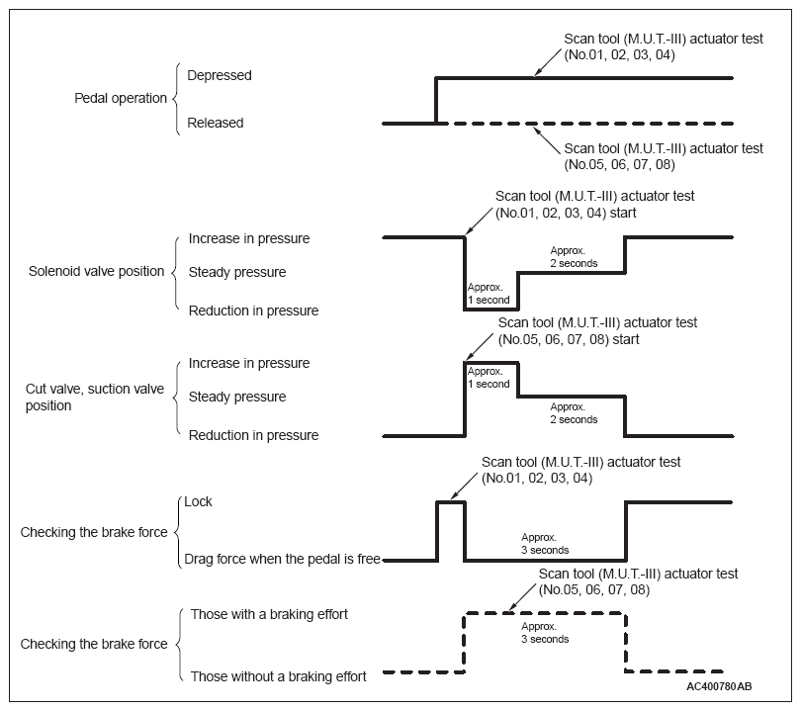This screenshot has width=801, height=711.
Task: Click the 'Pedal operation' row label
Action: [x=121, y=99]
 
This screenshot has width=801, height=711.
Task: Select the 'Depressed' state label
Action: [x=220, y=75]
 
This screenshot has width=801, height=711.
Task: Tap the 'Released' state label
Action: [x=216, y=124]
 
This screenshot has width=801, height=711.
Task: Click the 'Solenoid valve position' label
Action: [x=97, y=272]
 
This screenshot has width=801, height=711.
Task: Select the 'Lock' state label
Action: [x=198, y=501]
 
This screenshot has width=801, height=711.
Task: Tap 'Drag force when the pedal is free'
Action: [x=282, y=560]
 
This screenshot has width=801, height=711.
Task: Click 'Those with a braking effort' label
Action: [x=270, y=614]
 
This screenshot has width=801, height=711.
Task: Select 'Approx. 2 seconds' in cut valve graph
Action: [x=574, y=412]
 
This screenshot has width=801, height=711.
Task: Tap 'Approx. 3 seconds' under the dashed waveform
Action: [x=545, y=633]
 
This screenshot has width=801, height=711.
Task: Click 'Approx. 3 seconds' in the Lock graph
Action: [x=545, y=544]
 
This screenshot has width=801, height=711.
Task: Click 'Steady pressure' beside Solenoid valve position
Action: [x=237, y=272]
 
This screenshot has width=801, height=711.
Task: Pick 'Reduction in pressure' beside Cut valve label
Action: [x=254, y=435]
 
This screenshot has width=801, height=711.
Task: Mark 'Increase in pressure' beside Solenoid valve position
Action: [x=249, y=238]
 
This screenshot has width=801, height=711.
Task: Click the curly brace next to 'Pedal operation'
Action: [x=177, y=99]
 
